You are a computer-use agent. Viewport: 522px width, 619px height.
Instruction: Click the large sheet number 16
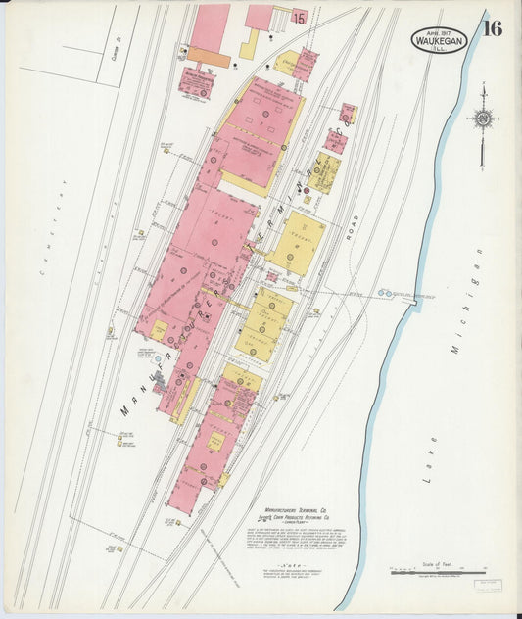click(492, 28)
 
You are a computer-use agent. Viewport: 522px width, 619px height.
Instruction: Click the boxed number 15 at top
click(299, 18)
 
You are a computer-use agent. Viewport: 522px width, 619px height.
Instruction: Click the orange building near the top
click(209, 59)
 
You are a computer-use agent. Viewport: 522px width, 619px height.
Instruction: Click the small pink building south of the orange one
click(195, 84)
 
